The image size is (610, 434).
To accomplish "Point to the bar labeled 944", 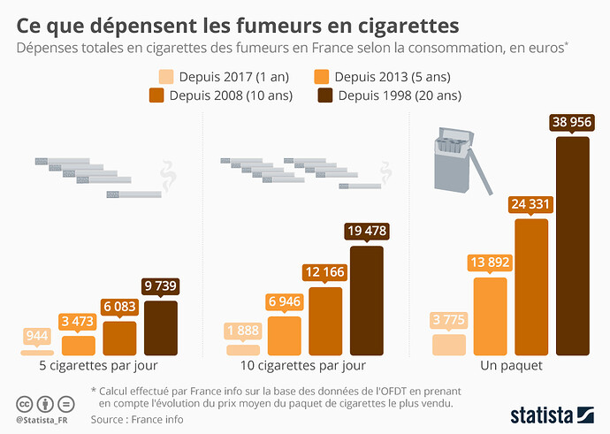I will pyautogui.click(x=37, y=352).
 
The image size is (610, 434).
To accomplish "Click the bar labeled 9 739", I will pyautogui.click(x=160, y=328).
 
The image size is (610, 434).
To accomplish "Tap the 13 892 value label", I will pyautogui.click(x=491, y=263).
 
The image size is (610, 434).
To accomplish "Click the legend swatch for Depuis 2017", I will pyautogui.click(x=165, y=77).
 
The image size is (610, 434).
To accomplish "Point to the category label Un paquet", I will pyautogui.click(x=511, y=365).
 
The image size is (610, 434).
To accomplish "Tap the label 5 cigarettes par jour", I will pyautogui.click(x=98, y=365).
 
